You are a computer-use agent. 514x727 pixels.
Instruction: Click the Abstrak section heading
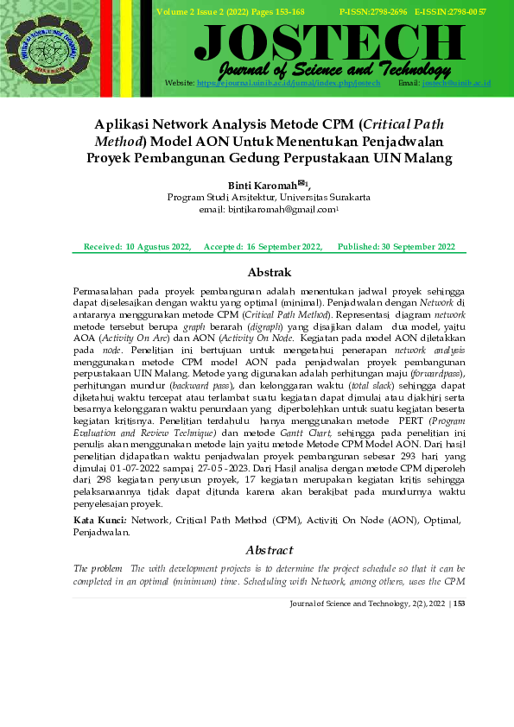269,273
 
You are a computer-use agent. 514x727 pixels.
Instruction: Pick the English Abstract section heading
269,550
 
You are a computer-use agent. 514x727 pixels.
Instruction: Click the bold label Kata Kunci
100,521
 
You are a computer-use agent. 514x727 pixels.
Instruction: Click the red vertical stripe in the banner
106,47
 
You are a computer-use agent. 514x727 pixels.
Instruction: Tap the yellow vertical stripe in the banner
126,47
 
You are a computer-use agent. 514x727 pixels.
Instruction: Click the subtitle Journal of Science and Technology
335,69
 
